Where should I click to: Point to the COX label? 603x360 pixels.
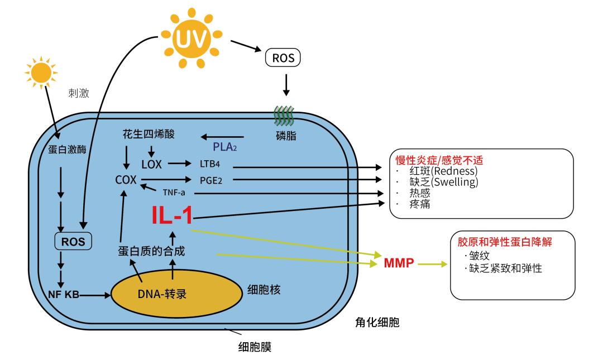tap(126, 180)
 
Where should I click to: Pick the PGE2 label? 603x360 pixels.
tap(211, 180)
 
